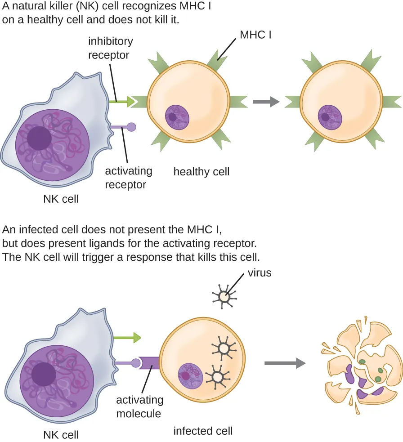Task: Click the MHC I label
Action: coord(255,34)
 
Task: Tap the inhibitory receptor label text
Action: coord(110,48)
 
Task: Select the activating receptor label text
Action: coord(128,178)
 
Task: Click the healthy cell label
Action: coord(201,171)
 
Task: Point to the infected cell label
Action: coord(203,431)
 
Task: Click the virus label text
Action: coord(259,272)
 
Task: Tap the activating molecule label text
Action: coord(139,406)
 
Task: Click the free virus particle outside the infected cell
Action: coord(224,296)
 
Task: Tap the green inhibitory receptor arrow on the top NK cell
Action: coord(122,102)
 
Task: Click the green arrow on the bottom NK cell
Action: coord(127,337)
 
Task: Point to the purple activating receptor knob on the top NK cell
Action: coord(131,127)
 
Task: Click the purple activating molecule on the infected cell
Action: coord(149,362)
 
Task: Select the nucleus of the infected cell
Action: coord(189,375)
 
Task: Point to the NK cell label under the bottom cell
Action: coord(61,434)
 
